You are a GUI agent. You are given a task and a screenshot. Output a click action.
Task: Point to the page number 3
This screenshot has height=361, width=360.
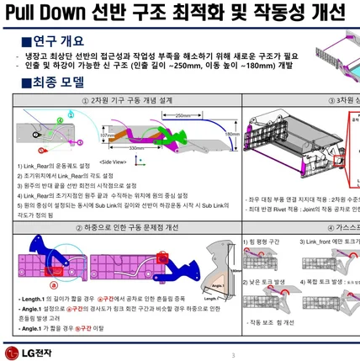[x=232, y=356]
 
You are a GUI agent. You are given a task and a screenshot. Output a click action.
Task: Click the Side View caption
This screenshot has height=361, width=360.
[x=114, y=160]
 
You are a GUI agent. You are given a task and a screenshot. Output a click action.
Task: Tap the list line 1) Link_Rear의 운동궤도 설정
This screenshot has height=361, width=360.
[x=58, y=167]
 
